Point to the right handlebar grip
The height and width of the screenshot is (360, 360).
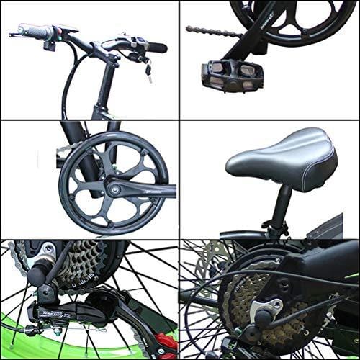pos(155,48)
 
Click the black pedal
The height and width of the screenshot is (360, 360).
pos(232,74)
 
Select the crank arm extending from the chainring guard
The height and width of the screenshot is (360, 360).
pos(144,192)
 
